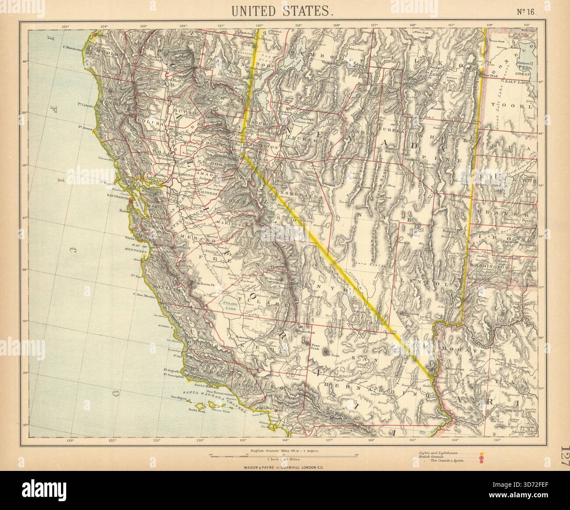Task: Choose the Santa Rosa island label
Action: (196, 410)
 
